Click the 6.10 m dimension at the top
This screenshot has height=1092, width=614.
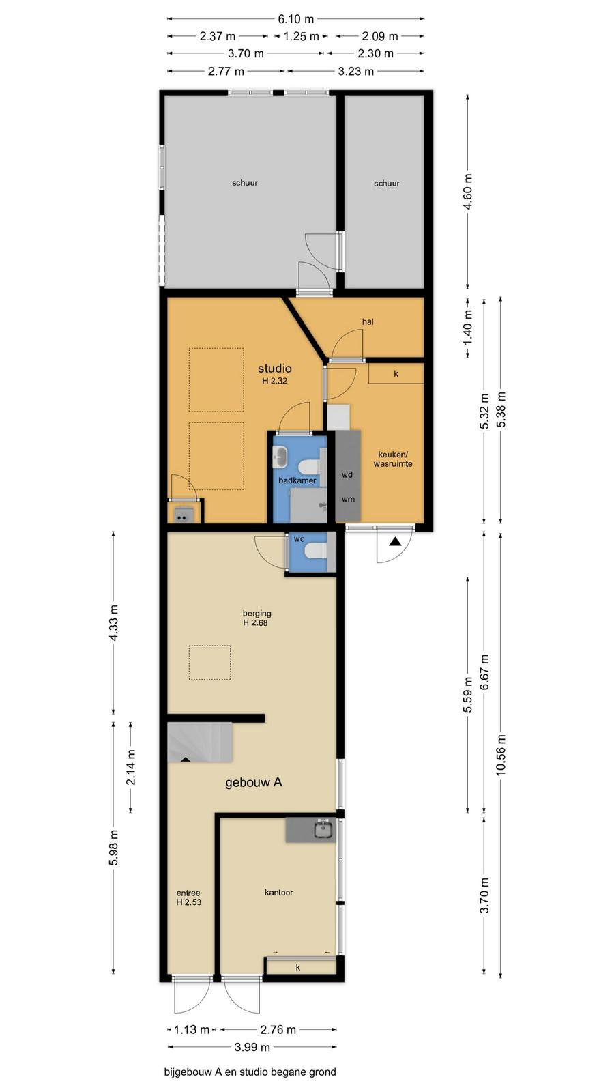pos(296,19)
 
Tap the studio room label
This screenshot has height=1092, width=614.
pos(275,369)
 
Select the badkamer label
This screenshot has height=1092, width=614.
pos(297,480)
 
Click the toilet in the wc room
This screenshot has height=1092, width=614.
pos(315,551)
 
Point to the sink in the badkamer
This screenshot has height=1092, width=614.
pos(281,457)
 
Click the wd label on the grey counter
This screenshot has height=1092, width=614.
pos(347,474)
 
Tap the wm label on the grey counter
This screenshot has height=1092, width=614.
pos(348,499)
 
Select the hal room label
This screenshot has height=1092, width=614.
pos(368,321)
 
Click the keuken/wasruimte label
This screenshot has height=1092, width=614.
pos(393,459)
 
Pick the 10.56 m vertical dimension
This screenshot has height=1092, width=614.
pos(501,755)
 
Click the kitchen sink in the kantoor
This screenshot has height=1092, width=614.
pos(323,829)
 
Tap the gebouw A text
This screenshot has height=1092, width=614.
pos(254,782)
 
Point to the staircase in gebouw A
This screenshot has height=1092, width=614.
pos(200,742)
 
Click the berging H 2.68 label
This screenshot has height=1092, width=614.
pos(257,618)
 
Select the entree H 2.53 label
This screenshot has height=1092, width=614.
pos(188,897)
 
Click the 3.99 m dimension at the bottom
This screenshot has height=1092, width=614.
pos(252,1047)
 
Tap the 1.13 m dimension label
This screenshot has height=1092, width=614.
pos(192,1030)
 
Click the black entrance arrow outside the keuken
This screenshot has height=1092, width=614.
pos(395,541)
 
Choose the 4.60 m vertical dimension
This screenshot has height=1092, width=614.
pos(468,192)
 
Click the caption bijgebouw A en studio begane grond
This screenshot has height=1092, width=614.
pos(250,1072)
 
